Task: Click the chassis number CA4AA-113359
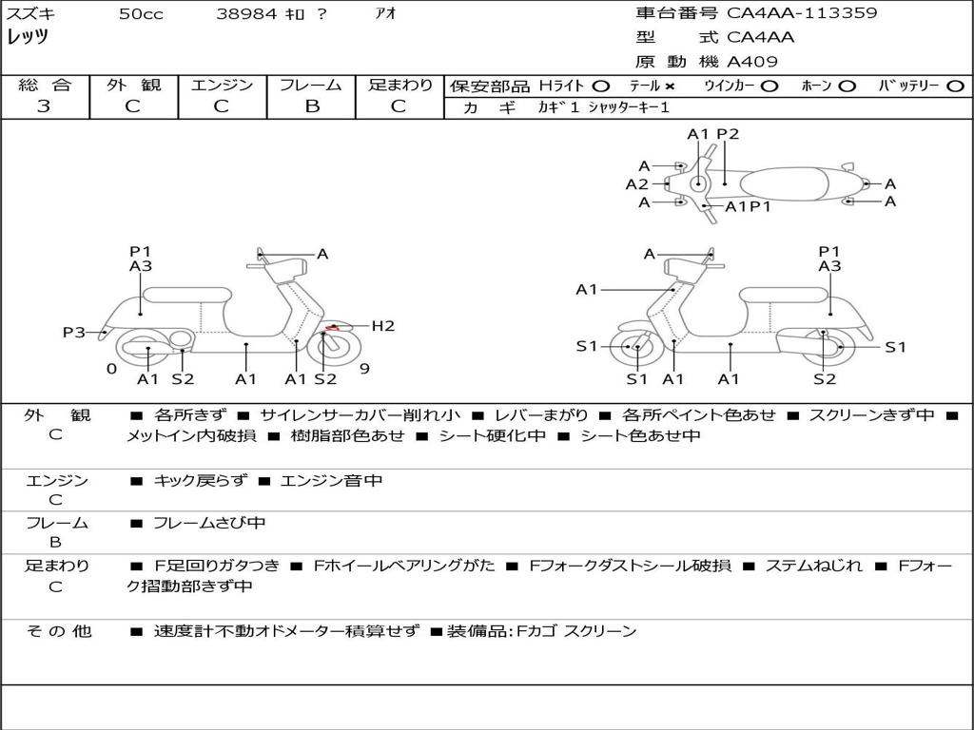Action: point(802,13)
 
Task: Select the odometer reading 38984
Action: point(247,14)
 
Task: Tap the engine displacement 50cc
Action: point(141,14)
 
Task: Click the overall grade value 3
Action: point(44,106)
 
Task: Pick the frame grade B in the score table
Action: point(312,106)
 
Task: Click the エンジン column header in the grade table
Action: point(222,85)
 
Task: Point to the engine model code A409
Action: point(752,62)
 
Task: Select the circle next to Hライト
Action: point(601,86)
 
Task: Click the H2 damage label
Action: point(382,326)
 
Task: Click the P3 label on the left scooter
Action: point(74,332)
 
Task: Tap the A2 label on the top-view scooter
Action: point(636,184)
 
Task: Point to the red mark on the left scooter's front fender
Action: point(332,328)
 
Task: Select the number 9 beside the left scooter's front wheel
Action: point(364,369)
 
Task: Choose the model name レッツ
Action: point(28,37)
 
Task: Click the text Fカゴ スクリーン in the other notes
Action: point(577,631)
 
